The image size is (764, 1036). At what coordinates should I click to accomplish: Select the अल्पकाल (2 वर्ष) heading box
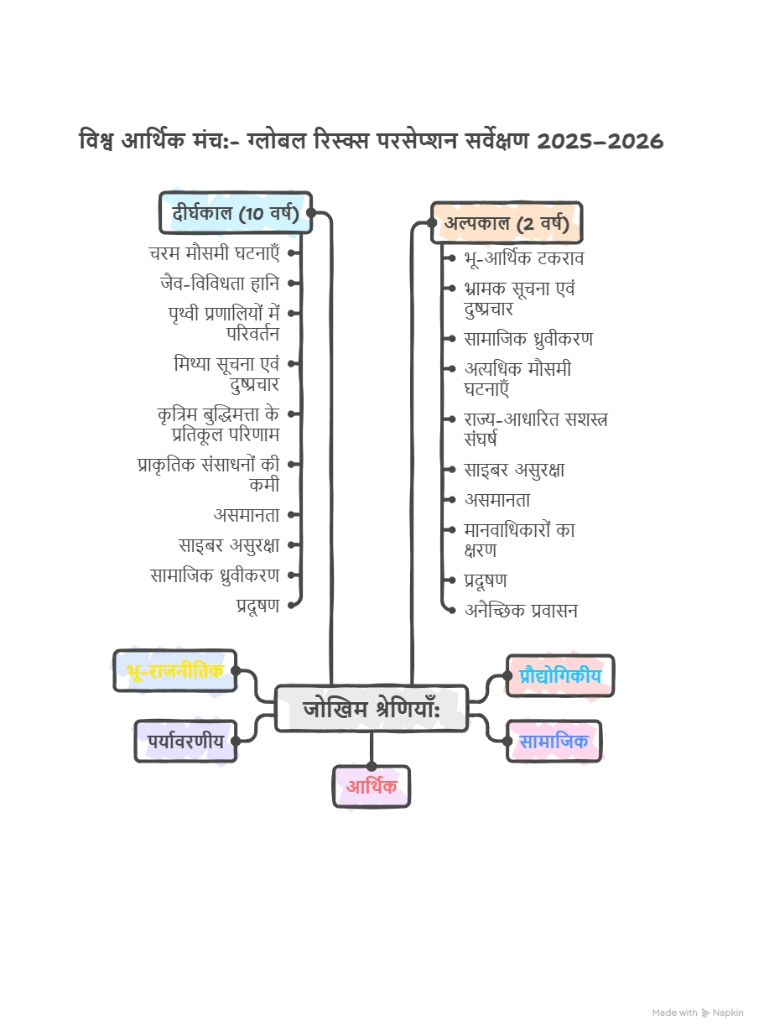(506, 224)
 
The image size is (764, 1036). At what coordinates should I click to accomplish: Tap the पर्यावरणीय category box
(185, 742)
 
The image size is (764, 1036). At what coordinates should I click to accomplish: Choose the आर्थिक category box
(372, 786)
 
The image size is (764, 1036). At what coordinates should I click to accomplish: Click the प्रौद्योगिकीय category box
(561, 675)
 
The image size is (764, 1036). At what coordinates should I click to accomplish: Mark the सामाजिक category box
(554, 742)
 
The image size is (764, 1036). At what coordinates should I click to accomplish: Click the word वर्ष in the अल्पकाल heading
(554, 225)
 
